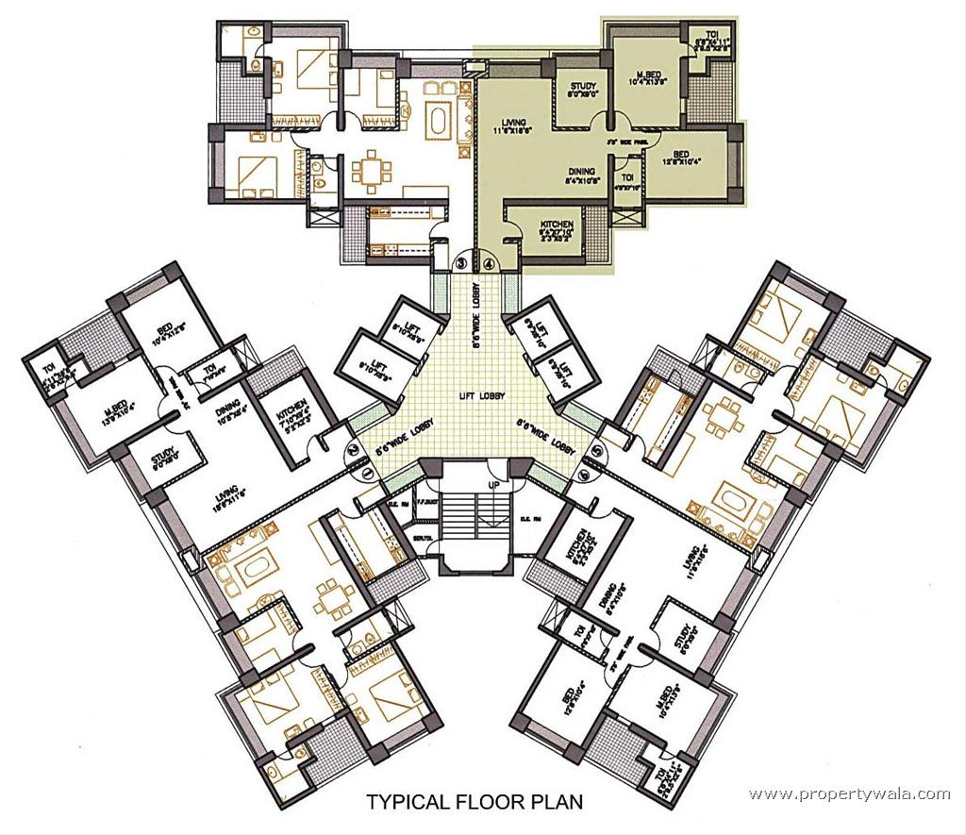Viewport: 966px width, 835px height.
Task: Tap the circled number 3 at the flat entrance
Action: point(462,262)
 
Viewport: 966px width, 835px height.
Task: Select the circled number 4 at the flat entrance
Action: point(487,262)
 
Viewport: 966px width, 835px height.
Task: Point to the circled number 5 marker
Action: point(587,461)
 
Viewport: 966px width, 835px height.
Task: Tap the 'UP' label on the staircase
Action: point(493,484)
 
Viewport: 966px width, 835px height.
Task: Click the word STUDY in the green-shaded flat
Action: point(582,88)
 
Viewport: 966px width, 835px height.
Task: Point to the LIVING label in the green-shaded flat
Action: point(514,123)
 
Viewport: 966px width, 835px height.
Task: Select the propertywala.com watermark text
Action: point(849,794)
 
